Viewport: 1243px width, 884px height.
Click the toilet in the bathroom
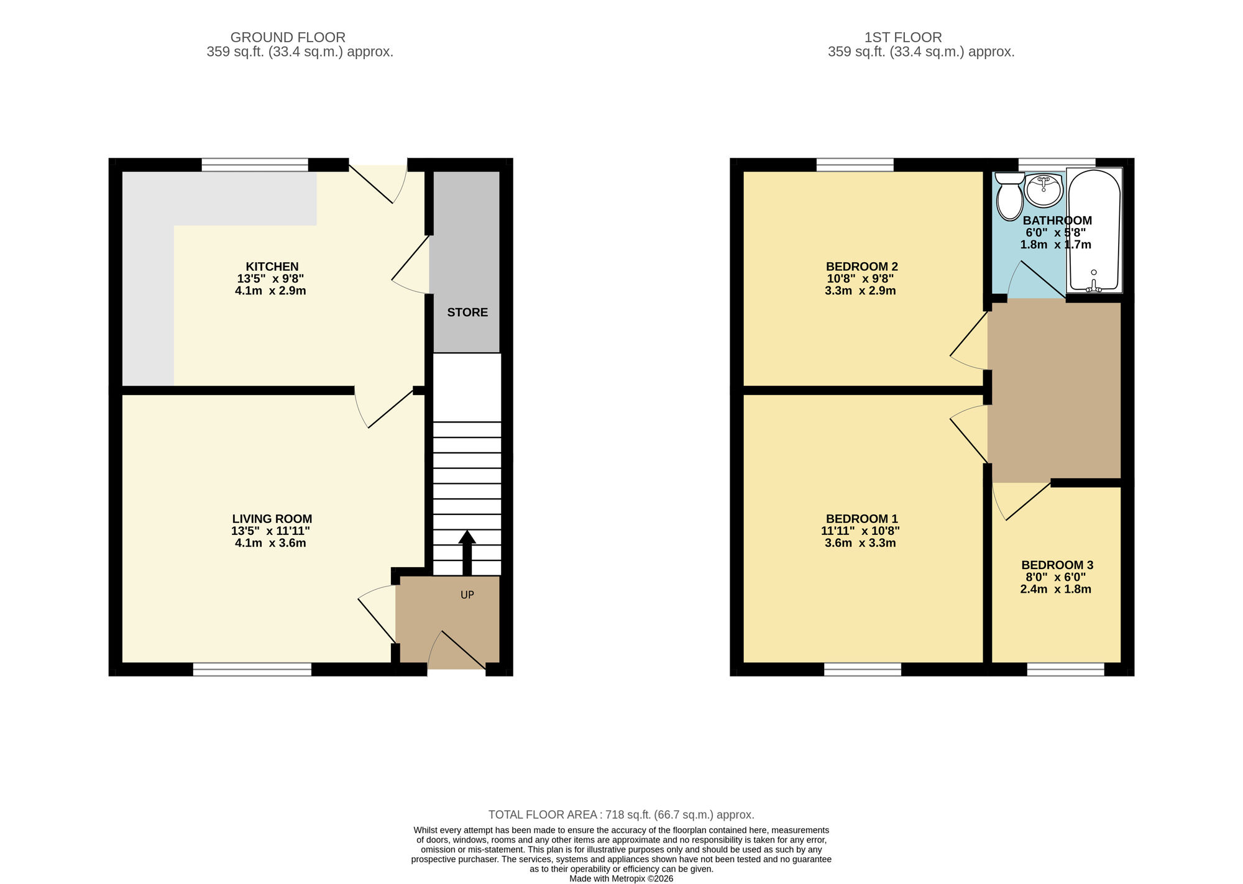(1009, 198)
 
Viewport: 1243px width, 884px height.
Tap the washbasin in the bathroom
(1043, 190)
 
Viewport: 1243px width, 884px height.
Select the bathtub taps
(1094, 286)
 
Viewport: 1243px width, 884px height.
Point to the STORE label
(467, 312)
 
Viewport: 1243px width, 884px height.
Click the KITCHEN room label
(272, 267)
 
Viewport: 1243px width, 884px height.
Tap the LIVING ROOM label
(272, 519)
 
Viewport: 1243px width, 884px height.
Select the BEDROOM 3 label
(1057, 565)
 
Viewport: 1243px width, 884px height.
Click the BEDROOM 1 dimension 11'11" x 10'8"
(860, 531)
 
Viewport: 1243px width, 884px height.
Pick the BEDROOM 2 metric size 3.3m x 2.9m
(860, 291)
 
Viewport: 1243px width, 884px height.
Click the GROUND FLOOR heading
(288, 37)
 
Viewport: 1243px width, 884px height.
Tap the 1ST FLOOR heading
(902, 37)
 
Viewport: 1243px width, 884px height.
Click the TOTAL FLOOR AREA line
(621, 814)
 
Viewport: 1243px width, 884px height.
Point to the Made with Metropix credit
(621, 878)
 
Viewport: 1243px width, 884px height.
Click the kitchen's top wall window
(255, 165)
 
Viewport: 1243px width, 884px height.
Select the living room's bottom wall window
(252, 669)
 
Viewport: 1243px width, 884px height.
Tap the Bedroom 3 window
(1065, 669)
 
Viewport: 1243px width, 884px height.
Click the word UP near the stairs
(467, 595)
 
